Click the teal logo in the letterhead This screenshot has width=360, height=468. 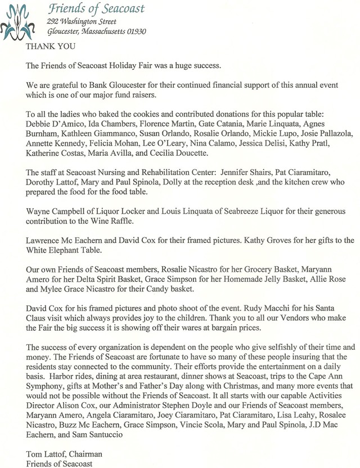pyautogui.click(x=21, y=20)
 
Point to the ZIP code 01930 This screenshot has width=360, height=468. pyautogui.click(x=136, y=31)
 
